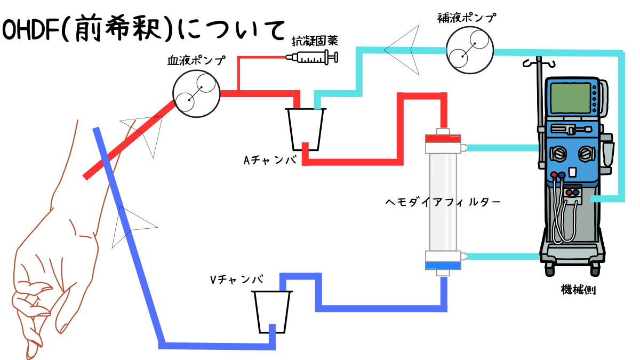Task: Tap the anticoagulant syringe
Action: [312, 57]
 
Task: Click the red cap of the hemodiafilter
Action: [443, 139]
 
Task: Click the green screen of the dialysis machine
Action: [571, 98]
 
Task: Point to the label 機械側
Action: [578, 290]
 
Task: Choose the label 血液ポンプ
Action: [196, 60]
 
